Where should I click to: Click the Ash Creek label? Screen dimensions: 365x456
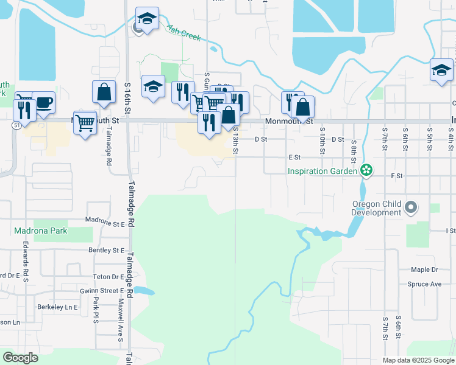(183, 33)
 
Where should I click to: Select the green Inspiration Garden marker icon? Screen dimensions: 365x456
(366, 171)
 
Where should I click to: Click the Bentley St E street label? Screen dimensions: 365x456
(106, 250)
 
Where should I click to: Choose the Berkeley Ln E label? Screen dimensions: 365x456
(57, 307)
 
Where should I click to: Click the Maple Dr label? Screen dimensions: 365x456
(424, 269)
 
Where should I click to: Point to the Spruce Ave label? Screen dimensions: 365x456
(425, 284)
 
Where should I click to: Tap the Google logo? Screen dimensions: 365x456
(20, 358)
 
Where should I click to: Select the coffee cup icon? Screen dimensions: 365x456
(43, 102)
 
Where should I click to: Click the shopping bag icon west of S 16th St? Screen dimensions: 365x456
(104, 92)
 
